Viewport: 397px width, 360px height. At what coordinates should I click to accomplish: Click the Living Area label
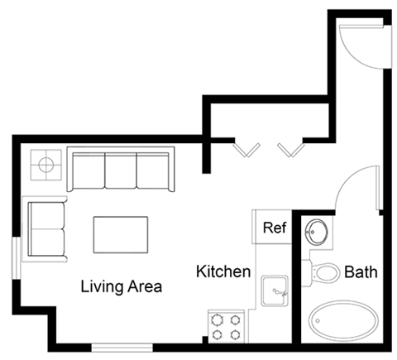coord(121,287)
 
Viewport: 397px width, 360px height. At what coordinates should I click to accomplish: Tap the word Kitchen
coord(222,271)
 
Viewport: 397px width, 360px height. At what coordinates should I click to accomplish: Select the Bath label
coord(361,271)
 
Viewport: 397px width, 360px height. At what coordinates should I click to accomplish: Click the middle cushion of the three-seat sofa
coord(121,170)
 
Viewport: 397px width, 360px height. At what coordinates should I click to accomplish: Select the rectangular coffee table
coord(121,234)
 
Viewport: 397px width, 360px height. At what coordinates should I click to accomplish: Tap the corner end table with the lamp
coord(45,164)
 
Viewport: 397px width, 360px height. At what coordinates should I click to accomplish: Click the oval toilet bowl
coord(328,271)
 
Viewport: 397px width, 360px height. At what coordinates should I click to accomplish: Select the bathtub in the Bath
coord(339,323)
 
